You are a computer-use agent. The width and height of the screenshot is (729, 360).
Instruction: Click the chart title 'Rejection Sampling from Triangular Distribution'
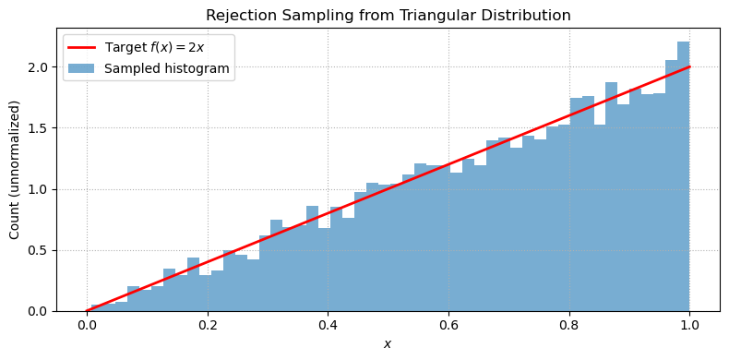[x=388, y=16]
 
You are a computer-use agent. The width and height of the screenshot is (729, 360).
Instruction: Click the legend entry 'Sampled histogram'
[x=167, y=68]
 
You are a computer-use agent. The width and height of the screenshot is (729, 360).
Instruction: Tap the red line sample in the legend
[x=83, y=47]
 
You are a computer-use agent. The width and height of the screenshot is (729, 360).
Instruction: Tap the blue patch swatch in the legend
[x=83, y=68]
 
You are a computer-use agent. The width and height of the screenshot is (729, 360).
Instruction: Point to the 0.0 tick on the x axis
[x=86, y=325]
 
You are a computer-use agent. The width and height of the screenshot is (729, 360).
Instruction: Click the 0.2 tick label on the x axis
[x=207, y=325]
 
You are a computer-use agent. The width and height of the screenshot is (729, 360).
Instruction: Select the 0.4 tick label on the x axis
[x=328, y=325]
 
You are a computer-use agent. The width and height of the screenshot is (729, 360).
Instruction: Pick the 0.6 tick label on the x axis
[x=448, y=325]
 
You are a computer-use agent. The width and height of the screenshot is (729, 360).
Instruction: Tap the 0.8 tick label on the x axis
[x=569, y=325]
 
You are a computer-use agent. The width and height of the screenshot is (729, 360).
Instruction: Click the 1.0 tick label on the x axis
[x=690, y=325]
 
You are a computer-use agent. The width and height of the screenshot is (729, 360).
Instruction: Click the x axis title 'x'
[x=388, y=343]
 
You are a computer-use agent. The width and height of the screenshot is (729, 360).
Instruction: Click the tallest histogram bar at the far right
[x=684, y=175]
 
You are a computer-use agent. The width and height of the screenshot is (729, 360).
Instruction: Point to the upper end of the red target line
[x=689, y=67]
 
